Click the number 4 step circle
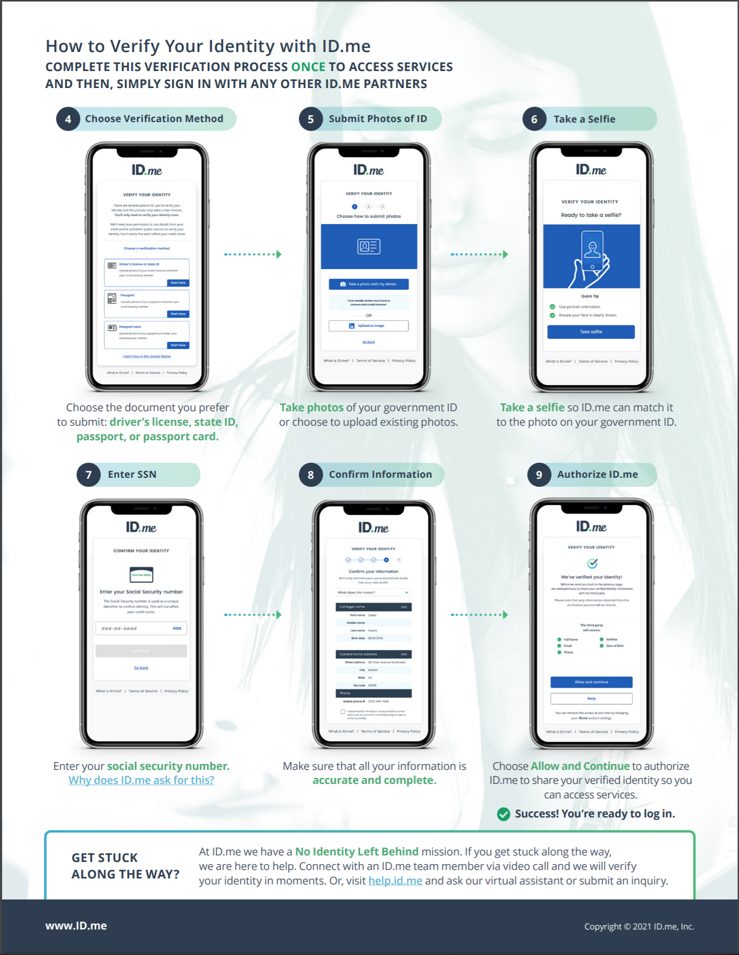pos(68,119)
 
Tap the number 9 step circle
pos(539,475)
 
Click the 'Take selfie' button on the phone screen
pos(591,332)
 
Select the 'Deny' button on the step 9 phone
pos(591,698)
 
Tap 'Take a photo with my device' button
pos(368,284)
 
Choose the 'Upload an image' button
pos(368,326)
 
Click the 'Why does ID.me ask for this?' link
pos(141,780)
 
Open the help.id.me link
pos(395,880)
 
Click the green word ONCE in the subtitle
pos(308,67)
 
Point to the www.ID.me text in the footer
pos(76,925)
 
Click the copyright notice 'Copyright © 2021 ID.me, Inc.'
pos(639,926)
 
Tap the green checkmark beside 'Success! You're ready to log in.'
pos(503,814)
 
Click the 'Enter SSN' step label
pos(132,474)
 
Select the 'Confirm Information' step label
pos(380,474)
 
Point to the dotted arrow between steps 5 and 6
pos(479,254)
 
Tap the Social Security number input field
pos(135,628)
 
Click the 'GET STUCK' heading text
pos(105,857)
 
